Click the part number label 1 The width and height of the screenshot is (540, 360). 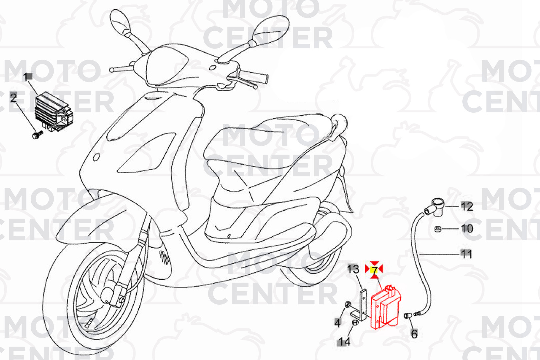tap(26, 77)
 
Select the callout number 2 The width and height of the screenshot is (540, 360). tap(13, 97)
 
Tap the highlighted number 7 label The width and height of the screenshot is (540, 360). tap(374, 270)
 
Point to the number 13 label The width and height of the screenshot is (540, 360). tap(353, 269)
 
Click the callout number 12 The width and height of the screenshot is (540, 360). tap(467, 207)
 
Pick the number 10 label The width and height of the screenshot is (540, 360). tap(467, 228)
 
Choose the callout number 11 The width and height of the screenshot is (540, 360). tap(466, 254)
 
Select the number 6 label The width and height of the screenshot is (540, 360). tap(414, 334)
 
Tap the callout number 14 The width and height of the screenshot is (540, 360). tap(344, 342)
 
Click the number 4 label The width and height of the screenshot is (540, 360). tap(338, 323)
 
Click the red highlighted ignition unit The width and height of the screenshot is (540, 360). tap(386, 307)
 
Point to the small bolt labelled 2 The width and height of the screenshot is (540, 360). tap(37, 135)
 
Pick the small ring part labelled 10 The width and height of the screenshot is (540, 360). tap(438, 229)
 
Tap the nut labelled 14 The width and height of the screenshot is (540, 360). tap(355, 322)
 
